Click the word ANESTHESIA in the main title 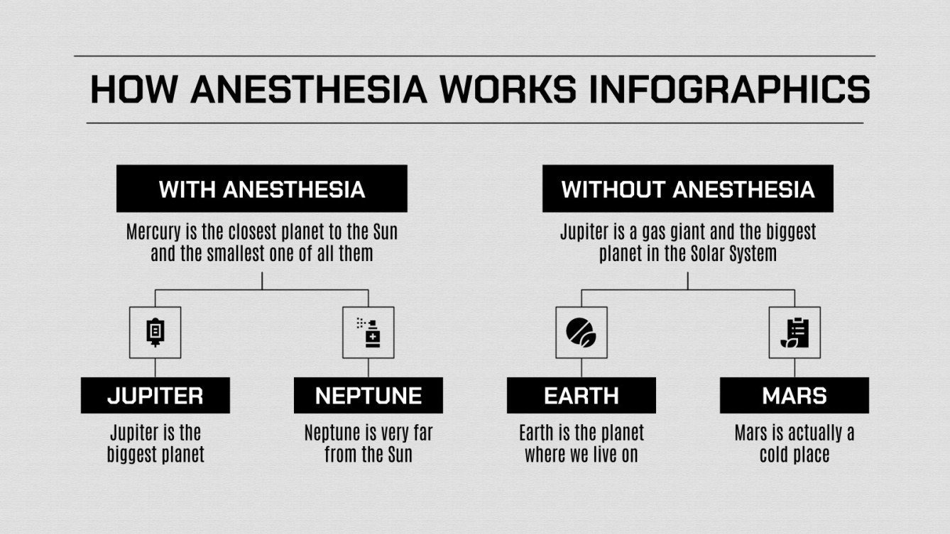click(x=308, y=90)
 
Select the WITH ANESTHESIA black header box click(x=261, y=189)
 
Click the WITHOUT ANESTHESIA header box click(x=687, y=189)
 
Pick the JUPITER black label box click(x=155, y=395)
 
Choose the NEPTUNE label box click(x=368, y=395)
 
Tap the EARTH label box click(x=581, y=395)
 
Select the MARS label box click(x=794, y=395)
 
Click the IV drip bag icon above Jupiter click(x=155, y=332)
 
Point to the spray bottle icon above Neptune click(x=368, y=332)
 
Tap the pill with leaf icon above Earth click(x=581, y=332)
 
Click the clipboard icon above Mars click(x=794, y=332)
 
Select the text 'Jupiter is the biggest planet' click(x=155, y=443)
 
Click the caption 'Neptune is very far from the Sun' click(x=368, y=443)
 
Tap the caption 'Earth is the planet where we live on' click(x=581, y=443)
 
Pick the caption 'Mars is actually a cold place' click(x=794, y=443)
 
